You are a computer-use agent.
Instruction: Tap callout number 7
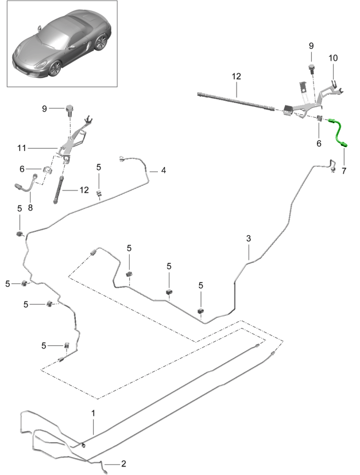(x=344, y=170)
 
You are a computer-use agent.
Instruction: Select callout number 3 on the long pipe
(x=249, y=238)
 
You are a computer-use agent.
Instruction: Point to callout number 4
(x=164, y=170)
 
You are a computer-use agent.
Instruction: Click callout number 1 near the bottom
(x=94, y=412)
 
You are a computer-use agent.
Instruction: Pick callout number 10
(x=334, y=58)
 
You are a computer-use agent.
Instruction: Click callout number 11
(x=22, y=148)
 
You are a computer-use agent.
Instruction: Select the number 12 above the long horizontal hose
(x=237, y=76)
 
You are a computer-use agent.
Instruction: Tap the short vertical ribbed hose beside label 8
(x=58, y=189)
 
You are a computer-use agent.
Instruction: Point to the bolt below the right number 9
(x=312, y=69)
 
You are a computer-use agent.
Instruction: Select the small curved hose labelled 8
(x=24, y=185)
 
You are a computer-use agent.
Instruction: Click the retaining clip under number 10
(x=334, y=86)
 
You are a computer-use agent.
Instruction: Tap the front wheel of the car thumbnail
(x=55, y=68)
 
